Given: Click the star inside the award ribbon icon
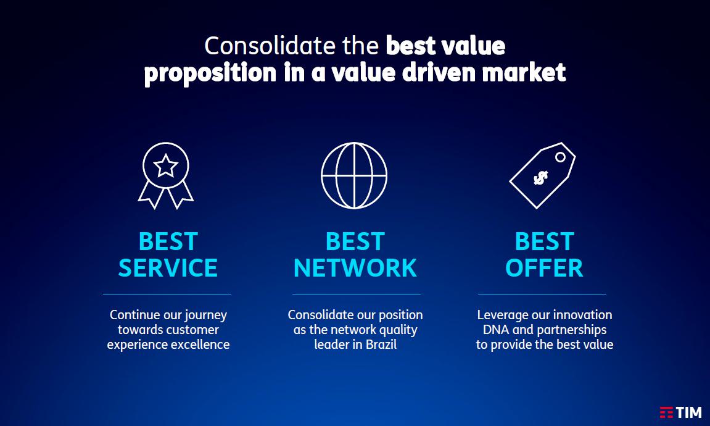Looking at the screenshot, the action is pyautogui.click(x=166, y=166).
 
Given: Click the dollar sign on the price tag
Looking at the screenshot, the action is pyautogui.click(x=540, y=178).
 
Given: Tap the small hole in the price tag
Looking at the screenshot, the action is pyautogui.click(x=560, y=157).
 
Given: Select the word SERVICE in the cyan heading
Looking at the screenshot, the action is pyautogui.click(x=168, y=268).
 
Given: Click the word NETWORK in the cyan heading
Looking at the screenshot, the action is pyautogui.click(x=355, y=268).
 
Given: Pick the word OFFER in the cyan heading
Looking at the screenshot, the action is pyautogui.click(x=544, y=268).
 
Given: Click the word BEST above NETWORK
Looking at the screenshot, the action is pyautogui.click(x=355, y=241).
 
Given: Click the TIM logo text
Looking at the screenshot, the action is pyautogui.click(x=689, y=412).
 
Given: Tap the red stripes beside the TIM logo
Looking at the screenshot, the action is pyautogui.click(x=666, y=412).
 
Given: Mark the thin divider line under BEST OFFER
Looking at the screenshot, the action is pyautogui.click(x=542, y=294).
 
